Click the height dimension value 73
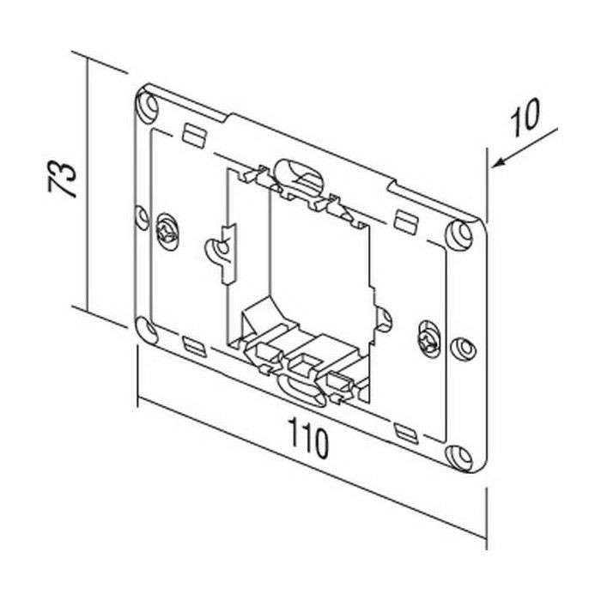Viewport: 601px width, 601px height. point(62,179)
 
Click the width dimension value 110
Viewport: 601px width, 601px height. point(308,438)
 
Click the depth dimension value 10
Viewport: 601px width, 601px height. point(525,118)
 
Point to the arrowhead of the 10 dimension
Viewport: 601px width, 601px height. point(498,163)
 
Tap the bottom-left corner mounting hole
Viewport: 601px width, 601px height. point(147,330)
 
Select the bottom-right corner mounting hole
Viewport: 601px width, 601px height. point(460,458)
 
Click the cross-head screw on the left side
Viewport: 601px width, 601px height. point(167,232)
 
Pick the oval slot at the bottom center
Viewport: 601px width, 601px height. point(301,390)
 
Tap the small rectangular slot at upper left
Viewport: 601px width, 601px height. point(194,135)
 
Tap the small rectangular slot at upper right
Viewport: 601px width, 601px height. point(406,222)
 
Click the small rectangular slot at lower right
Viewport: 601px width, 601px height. point(407,434)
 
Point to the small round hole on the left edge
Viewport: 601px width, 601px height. point(143,218)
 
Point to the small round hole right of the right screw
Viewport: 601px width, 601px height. point(464,349)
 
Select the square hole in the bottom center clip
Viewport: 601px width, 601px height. point(305,364)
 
